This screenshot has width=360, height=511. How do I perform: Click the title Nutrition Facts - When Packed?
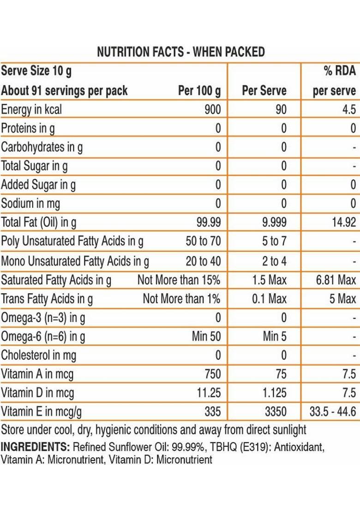click(x=180, y=52)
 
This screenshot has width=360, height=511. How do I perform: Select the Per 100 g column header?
click(x=199, y=91)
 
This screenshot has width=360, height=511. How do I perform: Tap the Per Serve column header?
click(x=264, y=91)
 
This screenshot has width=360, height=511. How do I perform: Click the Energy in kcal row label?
click(x=31, y=110)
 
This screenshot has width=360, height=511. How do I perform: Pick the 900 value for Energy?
click(x=212, y=110)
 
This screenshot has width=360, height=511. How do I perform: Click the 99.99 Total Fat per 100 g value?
click(x=209, y=223)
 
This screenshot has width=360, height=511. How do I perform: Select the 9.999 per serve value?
click(x=274, y=223)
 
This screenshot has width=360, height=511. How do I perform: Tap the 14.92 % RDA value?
click(x=344, y=223)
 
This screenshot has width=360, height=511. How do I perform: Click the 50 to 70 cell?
click(x=203, y=242)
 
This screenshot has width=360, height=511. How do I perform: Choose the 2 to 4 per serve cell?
click(x=274, y=261)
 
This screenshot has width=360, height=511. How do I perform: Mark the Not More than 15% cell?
click(x=179, y=280)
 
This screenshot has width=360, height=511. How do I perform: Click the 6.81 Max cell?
click(x=336, y=280)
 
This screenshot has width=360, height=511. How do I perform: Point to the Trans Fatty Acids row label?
click(x=47, y=299)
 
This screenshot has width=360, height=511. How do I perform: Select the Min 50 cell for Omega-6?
click(x=206, y=337)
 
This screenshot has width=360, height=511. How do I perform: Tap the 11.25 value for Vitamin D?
click(x=209, y=393)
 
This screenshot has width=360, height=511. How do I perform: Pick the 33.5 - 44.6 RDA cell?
click(x=333, y=411)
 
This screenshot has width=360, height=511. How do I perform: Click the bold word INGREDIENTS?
click(x=35, y=447)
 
